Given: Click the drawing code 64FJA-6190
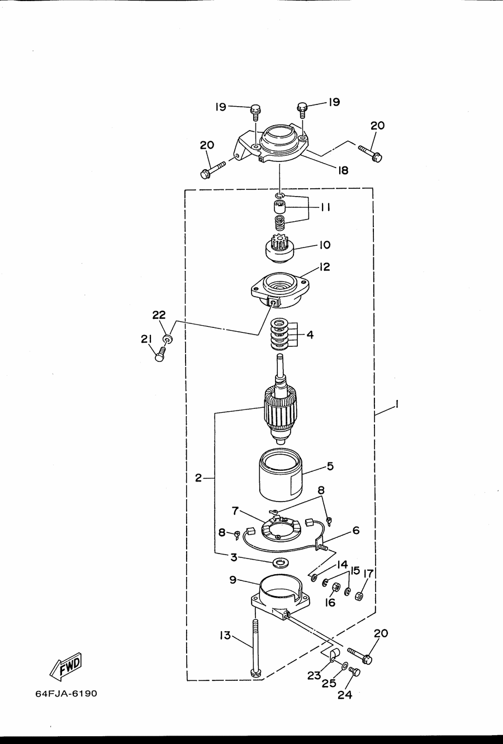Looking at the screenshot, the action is (x=66, y=694).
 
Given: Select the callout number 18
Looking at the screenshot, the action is (x=343, y=170).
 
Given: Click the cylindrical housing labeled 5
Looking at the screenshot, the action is (x=280, y=475).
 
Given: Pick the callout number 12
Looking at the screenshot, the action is (x=325, y=266).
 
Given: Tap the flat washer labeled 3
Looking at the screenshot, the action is (x=281, y=562).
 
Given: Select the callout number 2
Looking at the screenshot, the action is (x=198, y=478).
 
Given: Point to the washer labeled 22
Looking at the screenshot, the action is (x=168, y=339).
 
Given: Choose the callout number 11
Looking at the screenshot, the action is (x=325, y=208).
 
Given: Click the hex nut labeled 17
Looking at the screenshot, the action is (x=359, y=596).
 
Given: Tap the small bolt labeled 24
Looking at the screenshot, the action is (x=354, y=671).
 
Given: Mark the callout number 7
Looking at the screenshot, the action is (x=235, y=511).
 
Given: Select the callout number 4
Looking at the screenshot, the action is (x=310, y=335).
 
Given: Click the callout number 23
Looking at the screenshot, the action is (x=314, y=675).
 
